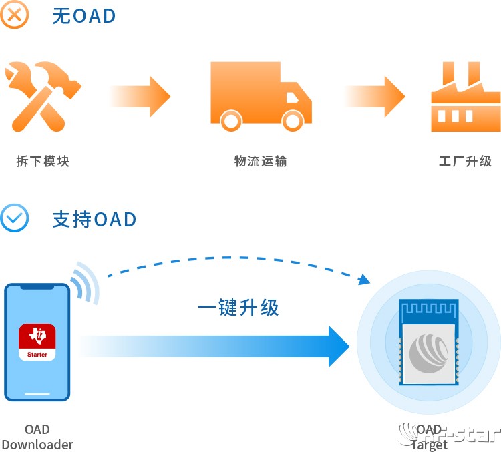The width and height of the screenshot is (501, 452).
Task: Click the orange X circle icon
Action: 15,14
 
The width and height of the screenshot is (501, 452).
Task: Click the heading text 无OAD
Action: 83,15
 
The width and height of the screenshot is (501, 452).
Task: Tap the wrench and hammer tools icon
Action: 41,95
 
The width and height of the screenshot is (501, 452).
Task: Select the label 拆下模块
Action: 43,161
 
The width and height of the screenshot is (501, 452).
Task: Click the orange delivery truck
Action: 260,95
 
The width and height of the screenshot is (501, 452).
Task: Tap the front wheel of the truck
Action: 292,120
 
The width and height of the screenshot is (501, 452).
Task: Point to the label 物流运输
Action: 261,161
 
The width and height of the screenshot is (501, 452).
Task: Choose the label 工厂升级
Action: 465,161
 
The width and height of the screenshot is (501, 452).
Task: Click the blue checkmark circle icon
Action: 15,218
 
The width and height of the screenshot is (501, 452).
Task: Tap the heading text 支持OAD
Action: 94,220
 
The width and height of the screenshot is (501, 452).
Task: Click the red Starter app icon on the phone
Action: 37,342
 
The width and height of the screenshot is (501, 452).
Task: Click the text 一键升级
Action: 238,308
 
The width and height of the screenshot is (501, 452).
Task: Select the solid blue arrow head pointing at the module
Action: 337,347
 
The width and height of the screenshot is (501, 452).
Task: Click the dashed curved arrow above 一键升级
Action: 234,260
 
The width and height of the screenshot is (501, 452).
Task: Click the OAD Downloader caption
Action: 37,437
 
